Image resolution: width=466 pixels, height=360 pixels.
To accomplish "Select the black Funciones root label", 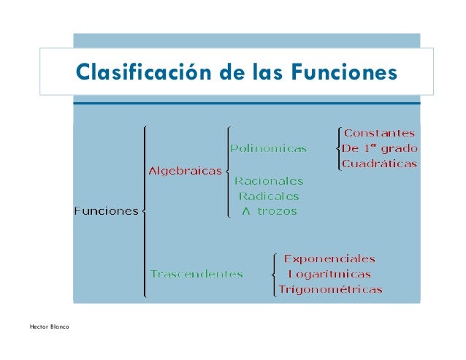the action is (106, 211).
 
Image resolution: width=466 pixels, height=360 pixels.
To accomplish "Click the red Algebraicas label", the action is (185, 171).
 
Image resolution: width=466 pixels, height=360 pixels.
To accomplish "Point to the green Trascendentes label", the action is (196, 274).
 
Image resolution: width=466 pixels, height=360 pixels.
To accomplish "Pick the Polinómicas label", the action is (268, 148).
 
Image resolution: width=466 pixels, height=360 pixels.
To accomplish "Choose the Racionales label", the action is (268, 180).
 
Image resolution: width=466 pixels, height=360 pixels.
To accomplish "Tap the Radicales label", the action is (269, 196).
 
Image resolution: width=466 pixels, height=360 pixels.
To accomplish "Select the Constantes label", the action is (379, 133).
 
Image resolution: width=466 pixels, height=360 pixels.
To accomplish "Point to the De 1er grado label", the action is (379, 148).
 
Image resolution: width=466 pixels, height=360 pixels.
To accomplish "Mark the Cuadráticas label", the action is (379, 164).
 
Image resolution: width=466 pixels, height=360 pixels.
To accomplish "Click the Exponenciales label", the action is (329, 258).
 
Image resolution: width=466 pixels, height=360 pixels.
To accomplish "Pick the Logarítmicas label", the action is (329, 275).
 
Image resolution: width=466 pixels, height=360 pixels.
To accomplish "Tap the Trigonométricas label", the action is (330, 290).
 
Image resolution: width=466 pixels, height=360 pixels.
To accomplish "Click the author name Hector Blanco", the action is (50, 325).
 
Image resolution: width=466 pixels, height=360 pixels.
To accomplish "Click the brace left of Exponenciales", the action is (272, 275).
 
